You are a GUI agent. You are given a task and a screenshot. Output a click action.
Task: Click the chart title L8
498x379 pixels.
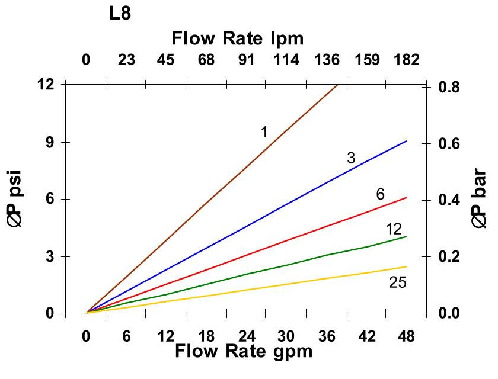coord(120,14)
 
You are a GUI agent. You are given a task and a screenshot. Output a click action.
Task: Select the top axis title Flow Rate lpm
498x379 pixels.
coord(237,38)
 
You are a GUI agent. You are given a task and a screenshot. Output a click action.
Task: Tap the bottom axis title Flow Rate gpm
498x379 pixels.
coord(243,351)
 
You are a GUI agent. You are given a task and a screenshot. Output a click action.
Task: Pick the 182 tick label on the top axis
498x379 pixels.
coord(406,60)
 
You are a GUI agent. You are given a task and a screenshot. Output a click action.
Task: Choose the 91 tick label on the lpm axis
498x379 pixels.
coord(246,60)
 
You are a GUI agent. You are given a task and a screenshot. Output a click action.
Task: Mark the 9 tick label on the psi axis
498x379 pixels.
coord(47,142)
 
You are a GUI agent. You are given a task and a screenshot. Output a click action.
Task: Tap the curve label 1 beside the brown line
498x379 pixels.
coord(264,132)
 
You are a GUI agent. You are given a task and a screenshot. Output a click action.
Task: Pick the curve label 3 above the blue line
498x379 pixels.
coord(351,158)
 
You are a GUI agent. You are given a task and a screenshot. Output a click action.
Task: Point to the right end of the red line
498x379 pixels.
coord(406,198)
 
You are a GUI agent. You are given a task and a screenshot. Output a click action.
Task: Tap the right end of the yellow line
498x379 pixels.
coord(406,266)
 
